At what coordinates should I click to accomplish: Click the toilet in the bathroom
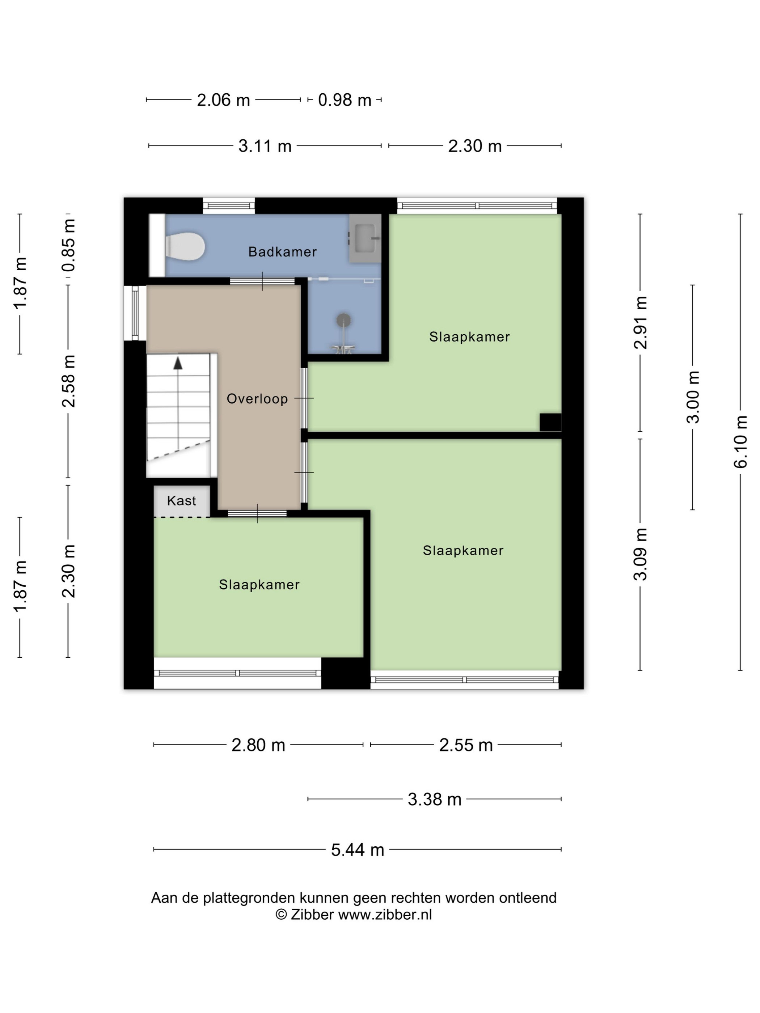point(185,246)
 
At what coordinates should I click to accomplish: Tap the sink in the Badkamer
point(365,238)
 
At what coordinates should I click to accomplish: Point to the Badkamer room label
point(282,251)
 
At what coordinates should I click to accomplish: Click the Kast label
point(181,501)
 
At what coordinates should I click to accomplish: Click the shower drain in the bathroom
point(343,320)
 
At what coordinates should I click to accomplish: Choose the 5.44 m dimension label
point(357,849)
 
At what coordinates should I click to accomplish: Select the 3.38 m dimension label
point(434,799)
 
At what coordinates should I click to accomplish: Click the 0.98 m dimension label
point(345,100)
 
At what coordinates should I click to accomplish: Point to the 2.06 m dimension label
point(223,100)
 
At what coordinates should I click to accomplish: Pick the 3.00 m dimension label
point(693,397)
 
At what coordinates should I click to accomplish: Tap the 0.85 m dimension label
point(68,245)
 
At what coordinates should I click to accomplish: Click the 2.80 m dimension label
point(258,745)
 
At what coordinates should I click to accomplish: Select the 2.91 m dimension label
point(641,322)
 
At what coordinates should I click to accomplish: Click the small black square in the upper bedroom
point(550,422)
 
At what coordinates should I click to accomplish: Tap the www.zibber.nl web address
point(385,915)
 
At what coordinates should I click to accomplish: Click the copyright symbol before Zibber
point(281,915)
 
